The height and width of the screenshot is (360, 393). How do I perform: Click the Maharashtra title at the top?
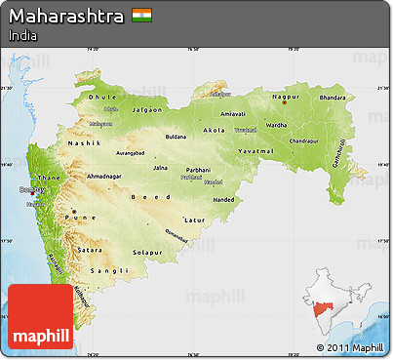[65, 17]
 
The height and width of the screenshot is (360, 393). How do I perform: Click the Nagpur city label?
[285, 98]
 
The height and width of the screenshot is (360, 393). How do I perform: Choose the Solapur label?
[148, 253]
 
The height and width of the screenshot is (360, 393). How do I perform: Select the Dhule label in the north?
[102, 98]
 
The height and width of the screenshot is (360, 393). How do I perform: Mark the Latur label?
[195, 220]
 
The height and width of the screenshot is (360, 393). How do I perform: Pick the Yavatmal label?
[257, 153]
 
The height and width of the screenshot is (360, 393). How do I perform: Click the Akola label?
[214, 130]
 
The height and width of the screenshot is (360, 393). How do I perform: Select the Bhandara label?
[333, 99]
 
